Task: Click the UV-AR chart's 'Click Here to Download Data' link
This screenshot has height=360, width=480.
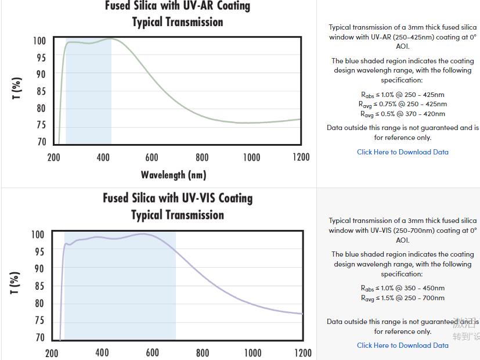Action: click(x=402, y=152)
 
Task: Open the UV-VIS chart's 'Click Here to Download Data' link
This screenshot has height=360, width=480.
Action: click(x=402, y=345)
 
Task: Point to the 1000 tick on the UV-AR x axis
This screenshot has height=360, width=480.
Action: click(x=251, y=157)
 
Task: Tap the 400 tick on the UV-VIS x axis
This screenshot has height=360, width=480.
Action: click(x=102, y=352)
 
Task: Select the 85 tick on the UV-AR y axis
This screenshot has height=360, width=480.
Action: click(x=41, y=91)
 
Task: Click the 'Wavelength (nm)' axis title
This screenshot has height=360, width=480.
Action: click(x=173, y=175)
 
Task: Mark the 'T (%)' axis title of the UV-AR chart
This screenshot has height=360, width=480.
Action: click(x=17, y=88)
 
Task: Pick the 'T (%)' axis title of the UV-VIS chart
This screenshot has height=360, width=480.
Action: click(x=16, y=283)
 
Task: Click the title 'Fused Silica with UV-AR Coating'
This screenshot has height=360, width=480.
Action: click(x=177, y=6)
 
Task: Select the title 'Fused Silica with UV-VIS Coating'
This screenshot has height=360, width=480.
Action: click(x=178, y=198)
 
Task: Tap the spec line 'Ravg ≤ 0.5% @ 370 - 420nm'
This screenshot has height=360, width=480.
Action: click(x=402, y=114)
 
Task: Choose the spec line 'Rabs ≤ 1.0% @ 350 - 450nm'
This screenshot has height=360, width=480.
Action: click(x=402, y=288)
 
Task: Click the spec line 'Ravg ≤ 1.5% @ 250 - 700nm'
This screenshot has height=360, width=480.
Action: click(x=402, y=298)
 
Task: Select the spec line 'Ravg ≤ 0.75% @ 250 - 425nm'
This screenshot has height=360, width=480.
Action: click(x=402, y=104)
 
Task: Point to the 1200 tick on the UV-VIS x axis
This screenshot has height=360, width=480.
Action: click(x=302, y=352)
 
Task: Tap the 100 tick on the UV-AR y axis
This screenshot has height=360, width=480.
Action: click(x=39, y=41)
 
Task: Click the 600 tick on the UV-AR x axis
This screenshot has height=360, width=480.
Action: click(x=151, y=157)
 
